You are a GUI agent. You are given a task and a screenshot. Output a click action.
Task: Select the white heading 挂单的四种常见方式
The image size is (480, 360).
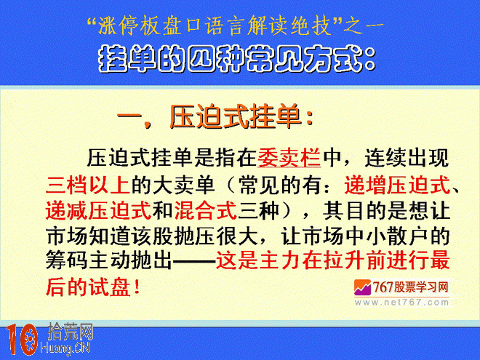coord(231,59)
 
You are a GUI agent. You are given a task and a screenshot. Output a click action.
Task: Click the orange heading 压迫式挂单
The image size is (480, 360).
coord(236,116)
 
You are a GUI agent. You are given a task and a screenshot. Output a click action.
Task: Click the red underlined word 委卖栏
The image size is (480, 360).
coord(289,158)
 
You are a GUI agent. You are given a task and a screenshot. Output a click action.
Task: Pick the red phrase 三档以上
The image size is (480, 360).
coord(88,185)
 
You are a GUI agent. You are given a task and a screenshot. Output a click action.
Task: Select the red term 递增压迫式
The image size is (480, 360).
coord(397,185)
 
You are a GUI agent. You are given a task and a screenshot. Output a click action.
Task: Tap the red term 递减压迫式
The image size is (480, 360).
coord(99,210)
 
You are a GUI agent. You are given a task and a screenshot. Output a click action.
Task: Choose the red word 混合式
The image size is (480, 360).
coord(206,210)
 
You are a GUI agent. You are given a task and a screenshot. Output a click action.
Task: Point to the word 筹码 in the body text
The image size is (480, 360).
coord(67,261)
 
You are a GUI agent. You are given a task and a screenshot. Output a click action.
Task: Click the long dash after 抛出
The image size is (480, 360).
coord(193,261)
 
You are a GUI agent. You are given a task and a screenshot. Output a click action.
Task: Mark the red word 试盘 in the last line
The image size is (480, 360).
coord(109,287)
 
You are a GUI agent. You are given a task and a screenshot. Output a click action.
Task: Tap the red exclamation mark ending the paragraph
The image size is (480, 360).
coord(137,287)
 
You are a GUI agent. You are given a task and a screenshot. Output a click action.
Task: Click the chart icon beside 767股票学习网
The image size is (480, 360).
coord(362,287)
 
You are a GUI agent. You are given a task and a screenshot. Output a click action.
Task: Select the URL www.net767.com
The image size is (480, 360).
coord(401,303)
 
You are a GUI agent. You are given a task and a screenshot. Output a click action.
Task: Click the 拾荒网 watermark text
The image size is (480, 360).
coord(71,332)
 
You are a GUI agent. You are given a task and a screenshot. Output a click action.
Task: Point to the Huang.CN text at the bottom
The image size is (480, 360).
coord(65,348)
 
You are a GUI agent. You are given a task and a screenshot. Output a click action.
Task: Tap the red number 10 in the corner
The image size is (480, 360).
coord(22,339)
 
